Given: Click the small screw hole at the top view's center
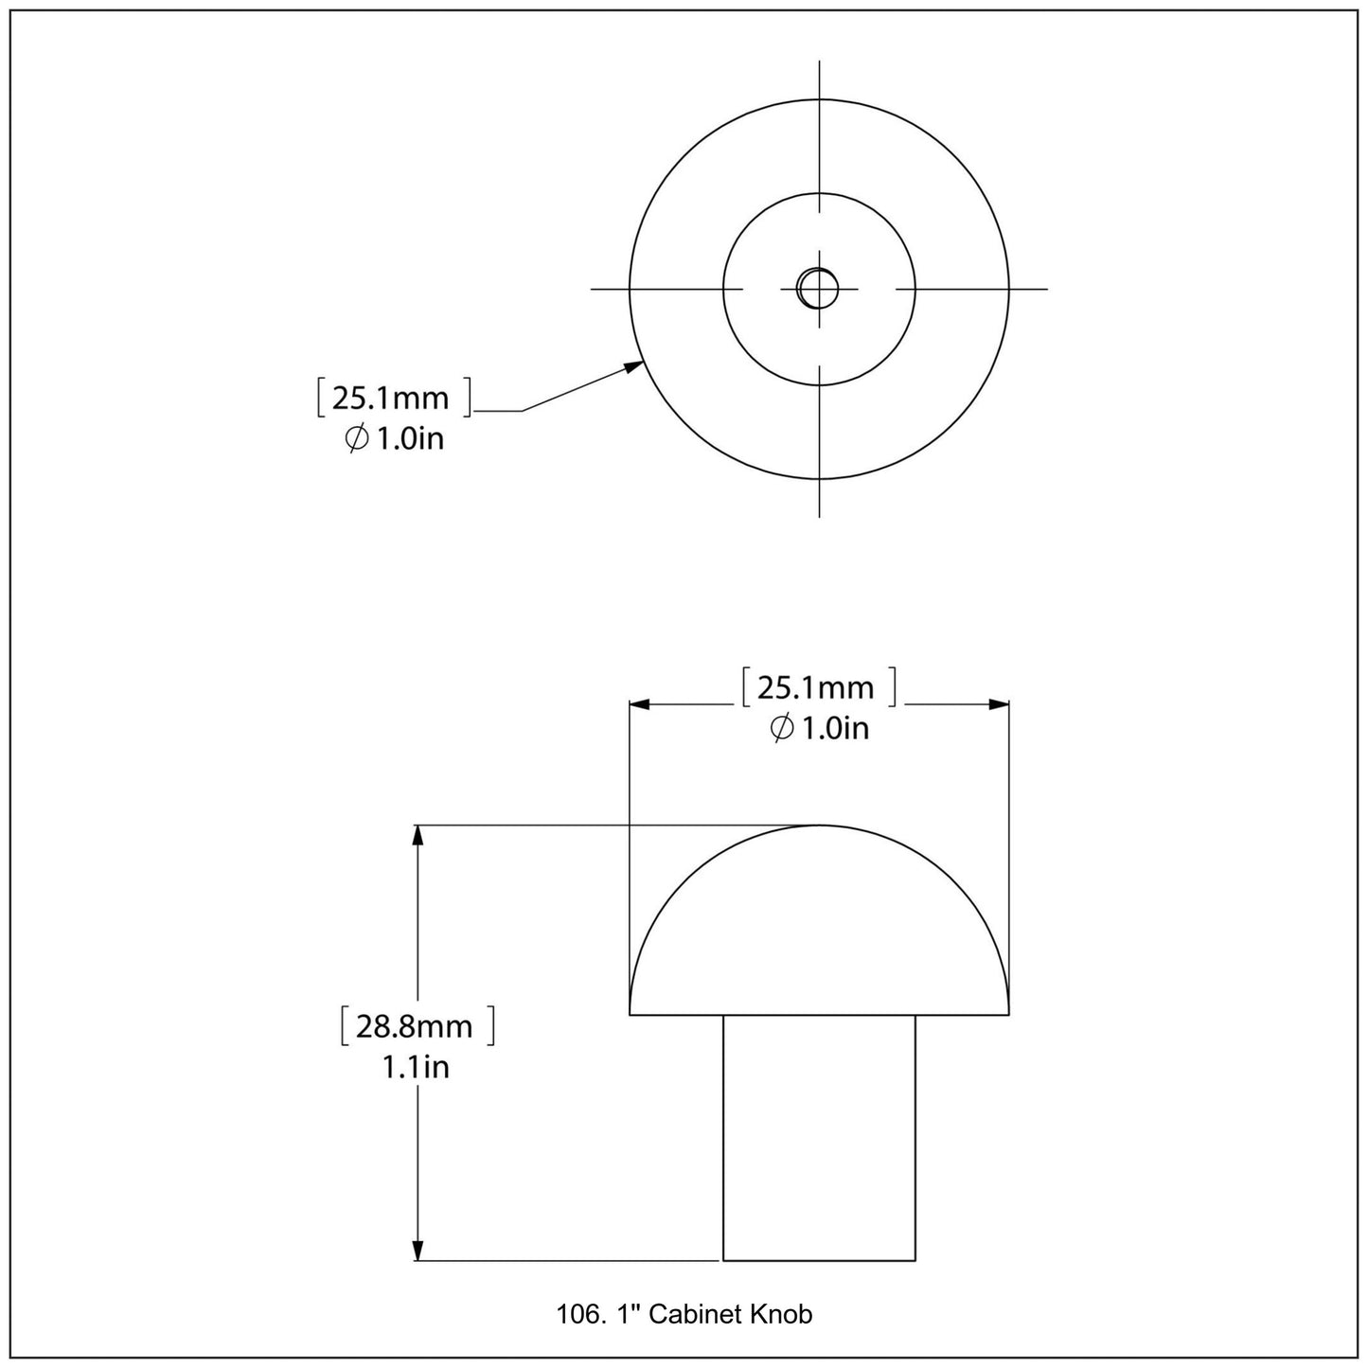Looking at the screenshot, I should tap(818, 288).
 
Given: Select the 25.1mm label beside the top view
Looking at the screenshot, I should tap(390, 398).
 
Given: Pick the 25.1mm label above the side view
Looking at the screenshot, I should tap(815, 687).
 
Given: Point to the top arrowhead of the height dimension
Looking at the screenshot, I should tap(417, 836).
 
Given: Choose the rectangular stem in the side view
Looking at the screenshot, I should tap(819, 1136).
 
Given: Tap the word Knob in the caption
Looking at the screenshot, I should tap(782, 1314).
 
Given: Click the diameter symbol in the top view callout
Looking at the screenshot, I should tap(357, 439).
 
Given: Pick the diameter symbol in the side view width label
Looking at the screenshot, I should tap(782, 728).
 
